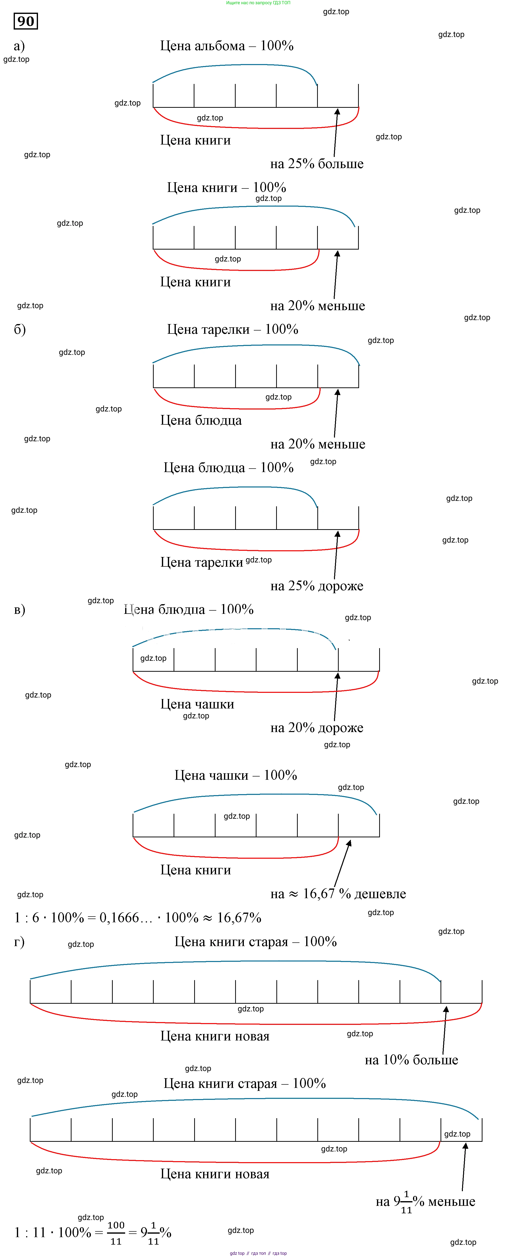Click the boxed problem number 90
click(x=26, y=21)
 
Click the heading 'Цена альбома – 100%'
click(x=227, y=46)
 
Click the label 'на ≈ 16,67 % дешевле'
click(x=338, y=893)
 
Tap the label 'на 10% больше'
click(x=411, y=1060)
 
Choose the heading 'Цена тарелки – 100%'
click(x=233, y=329)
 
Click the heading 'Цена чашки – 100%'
click(x=236, y=775)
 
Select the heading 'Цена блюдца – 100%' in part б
click(x=228, y=468)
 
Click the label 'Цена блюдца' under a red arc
click(x=201, y=421)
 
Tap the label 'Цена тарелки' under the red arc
click(x=201, y=563)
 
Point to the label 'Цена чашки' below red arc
click(x=197, y=704)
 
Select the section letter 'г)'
click(x=19, y=942)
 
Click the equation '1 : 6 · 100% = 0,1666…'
click(x=138, y=918)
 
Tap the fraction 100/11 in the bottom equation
click(x=116, y=1233)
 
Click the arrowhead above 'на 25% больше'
click(x=337, y=112)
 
